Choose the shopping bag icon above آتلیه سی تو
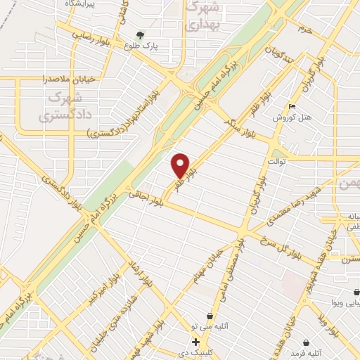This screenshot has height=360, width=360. (x=210, y=316)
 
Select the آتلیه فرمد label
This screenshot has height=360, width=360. (x=309, y=343)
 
